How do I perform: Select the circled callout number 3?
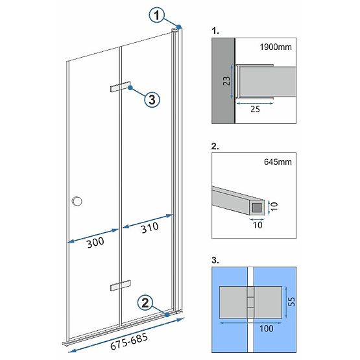tap(150, 99)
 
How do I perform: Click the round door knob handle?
tap(78, 201)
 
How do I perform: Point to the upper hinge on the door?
tap(120, 88)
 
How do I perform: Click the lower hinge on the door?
tap(120, 285)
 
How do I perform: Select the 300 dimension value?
tap(94, 243)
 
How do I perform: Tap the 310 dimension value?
tap(149, 227)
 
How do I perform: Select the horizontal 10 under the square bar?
tap(258, 225)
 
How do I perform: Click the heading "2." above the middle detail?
tap(216, 147)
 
